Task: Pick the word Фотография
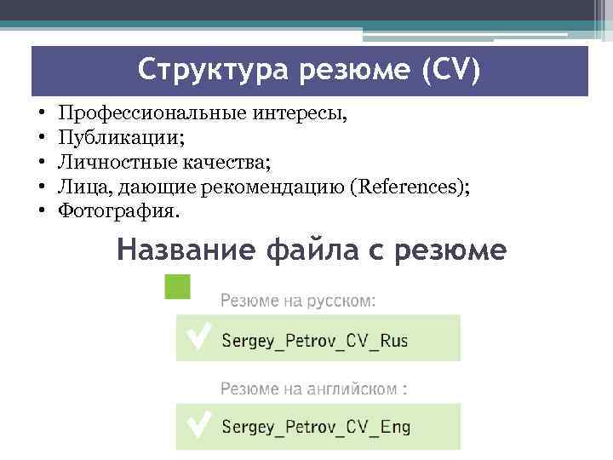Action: tap(117, 209)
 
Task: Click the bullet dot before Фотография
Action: tap(41, 210)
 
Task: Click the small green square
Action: tap(177, 286)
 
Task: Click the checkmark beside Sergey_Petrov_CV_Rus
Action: tap(198, 338)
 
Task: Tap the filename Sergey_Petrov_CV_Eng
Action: tap(316, 426)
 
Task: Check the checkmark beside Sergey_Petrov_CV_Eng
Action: tap(198, 424)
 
